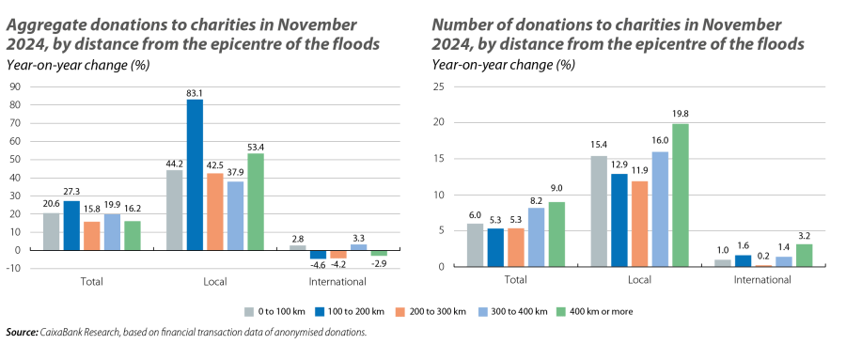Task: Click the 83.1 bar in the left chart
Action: pos(195,175)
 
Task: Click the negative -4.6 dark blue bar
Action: pos(318,255)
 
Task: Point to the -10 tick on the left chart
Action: pos(14,268)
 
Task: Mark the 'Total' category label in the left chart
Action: pos(91,281)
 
